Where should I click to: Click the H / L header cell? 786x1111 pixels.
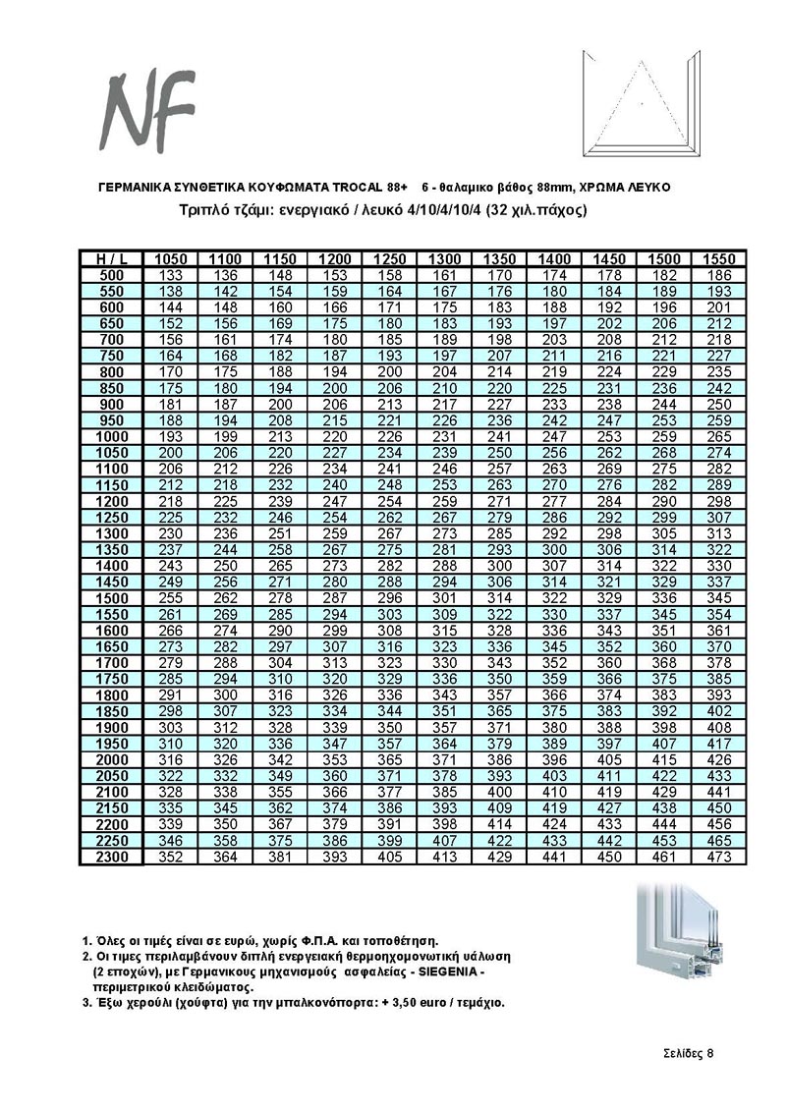[x=112, y=258]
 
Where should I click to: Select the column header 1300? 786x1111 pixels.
[x=446, y=258]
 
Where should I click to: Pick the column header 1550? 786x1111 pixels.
[x=719, y=258]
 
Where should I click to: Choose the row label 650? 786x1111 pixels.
[x=112, y=323]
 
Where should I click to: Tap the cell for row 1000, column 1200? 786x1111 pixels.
[x=336, y=436]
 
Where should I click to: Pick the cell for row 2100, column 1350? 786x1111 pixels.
[x=500, y=792]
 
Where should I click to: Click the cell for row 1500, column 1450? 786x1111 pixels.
[x=610, y=597]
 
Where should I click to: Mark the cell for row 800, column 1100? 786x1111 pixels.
[x=226, y=372]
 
